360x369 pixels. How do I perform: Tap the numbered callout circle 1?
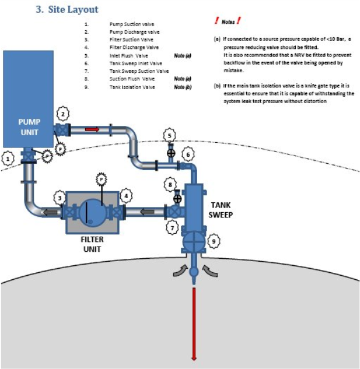coord(7,158)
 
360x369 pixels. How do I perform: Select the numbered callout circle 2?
coord(64,114)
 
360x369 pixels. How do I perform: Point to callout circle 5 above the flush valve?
coord(170,136)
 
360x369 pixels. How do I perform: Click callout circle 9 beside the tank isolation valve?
coord(215,239)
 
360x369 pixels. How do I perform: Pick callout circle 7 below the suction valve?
coord(173,228)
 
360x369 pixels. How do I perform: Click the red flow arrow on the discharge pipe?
coord(92,129)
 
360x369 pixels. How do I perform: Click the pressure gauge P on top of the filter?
coord(101,178)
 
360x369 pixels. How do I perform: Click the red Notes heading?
coord(228,22)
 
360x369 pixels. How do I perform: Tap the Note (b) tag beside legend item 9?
coord(183,87)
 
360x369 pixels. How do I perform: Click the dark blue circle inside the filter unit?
coord(93,212)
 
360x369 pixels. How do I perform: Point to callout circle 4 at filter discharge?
coord(125,196)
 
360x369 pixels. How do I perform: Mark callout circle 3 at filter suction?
coord(60,198)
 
